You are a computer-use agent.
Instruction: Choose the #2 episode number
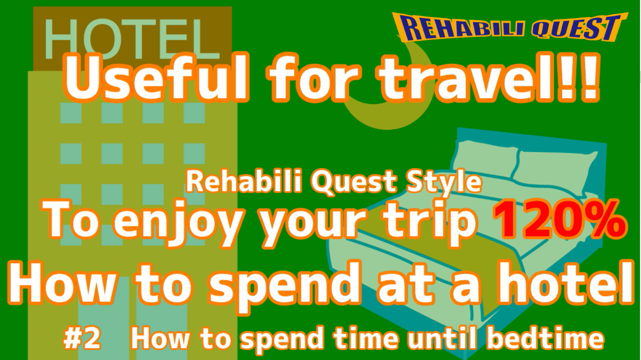tap(82, 339)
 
